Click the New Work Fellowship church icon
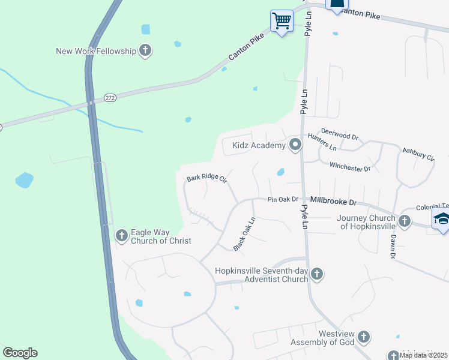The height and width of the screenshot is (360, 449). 145,51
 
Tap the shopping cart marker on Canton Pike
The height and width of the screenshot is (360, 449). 282,22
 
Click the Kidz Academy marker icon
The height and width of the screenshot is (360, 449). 295,145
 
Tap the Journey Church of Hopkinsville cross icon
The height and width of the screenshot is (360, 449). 404,221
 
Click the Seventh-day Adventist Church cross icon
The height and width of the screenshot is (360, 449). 317,274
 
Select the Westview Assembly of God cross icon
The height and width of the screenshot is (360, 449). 364,337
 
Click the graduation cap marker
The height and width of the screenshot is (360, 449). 442,220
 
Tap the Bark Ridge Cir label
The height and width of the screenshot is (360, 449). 206,178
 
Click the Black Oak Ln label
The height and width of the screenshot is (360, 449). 244,234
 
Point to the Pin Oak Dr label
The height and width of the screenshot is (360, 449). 283,199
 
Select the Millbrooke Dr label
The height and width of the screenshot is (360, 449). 333,203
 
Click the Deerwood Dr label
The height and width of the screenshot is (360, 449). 339,133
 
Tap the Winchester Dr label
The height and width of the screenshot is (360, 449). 350,167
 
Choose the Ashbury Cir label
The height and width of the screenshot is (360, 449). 418,154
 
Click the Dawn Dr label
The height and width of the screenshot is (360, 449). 393,246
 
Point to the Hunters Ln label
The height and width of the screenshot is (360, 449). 322,142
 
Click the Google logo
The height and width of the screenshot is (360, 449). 20,353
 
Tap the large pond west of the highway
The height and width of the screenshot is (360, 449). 25,180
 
